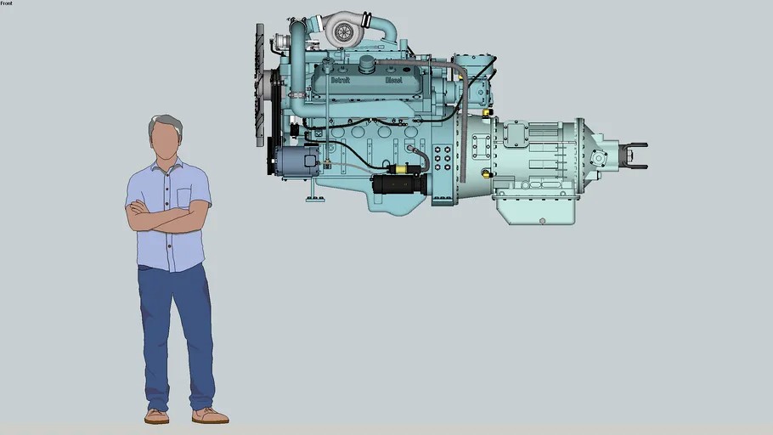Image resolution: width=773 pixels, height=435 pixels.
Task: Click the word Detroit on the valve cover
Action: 341,80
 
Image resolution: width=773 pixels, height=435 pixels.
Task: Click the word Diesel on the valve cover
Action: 393,80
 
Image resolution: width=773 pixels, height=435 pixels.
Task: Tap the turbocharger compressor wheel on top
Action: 344,32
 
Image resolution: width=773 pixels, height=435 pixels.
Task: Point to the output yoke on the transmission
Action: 634,155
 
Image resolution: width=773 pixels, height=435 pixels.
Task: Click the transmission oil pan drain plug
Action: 542,220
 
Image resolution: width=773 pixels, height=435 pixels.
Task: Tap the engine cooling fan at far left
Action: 260,85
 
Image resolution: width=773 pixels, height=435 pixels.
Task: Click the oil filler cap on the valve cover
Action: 367,64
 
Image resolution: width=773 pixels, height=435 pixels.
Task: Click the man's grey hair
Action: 166,123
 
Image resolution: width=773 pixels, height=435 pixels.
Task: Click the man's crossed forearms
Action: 168,218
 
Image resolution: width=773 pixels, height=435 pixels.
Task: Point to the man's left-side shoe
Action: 156,416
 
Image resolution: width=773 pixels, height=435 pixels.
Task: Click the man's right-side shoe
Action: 209,415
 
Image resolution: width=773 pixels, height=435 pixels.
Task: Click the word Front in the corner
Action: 7,3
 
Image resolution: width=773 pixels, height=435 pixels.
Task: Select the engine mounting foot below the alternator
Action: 315,198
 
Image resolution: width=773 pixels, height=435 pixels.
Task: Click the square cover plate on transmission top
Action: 515,133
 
